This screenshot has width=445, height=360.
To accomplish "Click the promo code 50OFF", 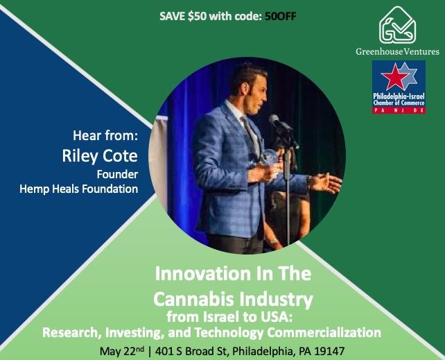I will click(x=280, y=17).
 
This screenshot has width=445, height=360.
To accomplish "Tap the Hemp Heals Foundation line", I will click(x=94, y=188).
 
